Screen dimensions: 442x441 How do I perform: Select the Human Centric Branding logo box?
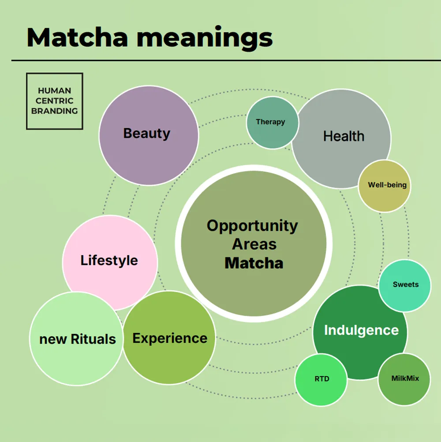point(55,101)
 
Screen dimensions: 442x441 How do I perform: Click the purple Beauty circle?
point(148,135)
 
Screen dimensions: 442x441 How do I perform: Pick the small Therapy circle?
point(270,122)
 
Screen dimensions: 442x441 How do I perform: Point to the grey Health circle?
point(344,136)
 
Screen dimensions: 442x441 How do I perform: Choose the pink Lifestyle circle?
point(109,261)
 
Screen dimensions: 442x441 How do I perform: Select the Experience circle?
point(170,338)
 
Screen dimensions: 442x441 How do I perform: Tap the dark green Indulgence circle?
point(361,330)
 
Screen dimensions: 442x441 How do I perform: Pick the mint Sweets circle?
point(405,285)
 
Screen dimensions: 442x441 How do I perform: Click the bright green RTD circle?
point(321,379)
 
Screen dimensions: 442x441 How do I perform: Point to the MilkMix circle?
point(405,379)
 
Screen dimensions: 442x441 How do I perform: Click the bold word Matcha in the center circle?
point(254,263)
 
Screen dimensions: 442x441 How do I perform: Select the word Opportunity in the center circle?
point(252,226)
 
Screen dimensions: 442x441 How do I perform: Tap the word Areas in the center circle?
point(254,244)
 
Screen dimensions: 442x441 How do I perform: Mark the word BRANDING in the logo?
point(55,111)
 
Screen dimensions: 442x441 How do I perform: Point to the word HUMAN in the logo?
point(55,91)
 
